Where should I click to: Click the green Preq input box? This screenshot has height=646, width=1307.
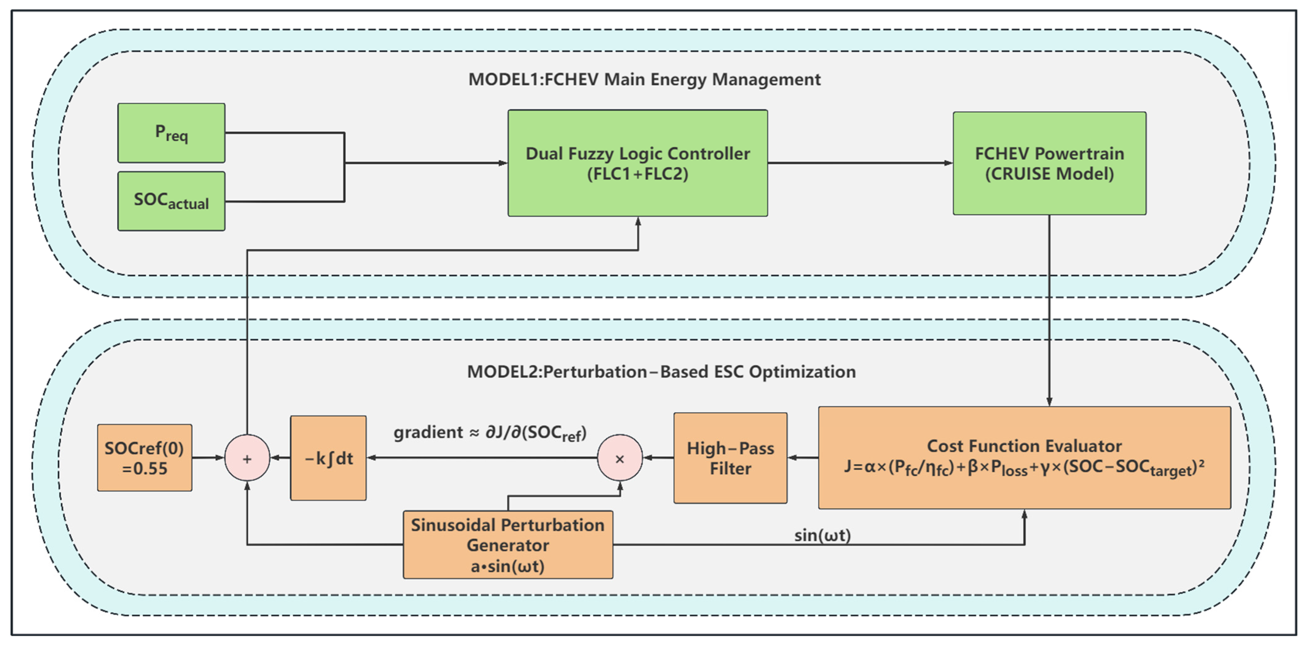(171, 133)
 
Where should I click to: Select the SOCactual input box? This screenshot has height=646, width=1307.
(171, 201)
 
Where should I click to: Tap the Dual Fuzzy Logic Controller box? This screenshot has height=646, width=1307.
(638, 163)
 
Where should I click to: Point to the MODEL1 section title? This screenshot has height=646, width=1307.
(644, 80)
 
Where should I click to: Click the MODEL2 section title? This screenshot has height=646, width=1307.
(661, 372)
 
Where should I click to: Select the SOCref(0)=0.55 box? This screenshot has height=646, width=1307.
(145, 458)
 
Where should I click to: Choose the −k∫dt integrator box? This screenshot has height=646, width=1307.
(328, 458)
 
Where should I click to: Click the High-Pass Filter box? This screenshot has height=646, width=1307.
(730, 458)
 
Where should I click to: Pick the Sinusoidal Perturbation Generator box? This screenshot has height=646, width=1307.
(508, 544)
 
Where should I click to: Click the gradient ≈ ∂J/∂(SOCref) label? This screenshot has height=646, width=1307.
(490, 433)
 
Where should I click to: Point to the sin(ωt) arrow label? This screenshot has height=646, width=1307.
(822, 535)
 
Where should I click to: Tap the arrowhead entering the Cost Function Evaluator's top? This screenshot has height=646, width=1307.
(1049, 401)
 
